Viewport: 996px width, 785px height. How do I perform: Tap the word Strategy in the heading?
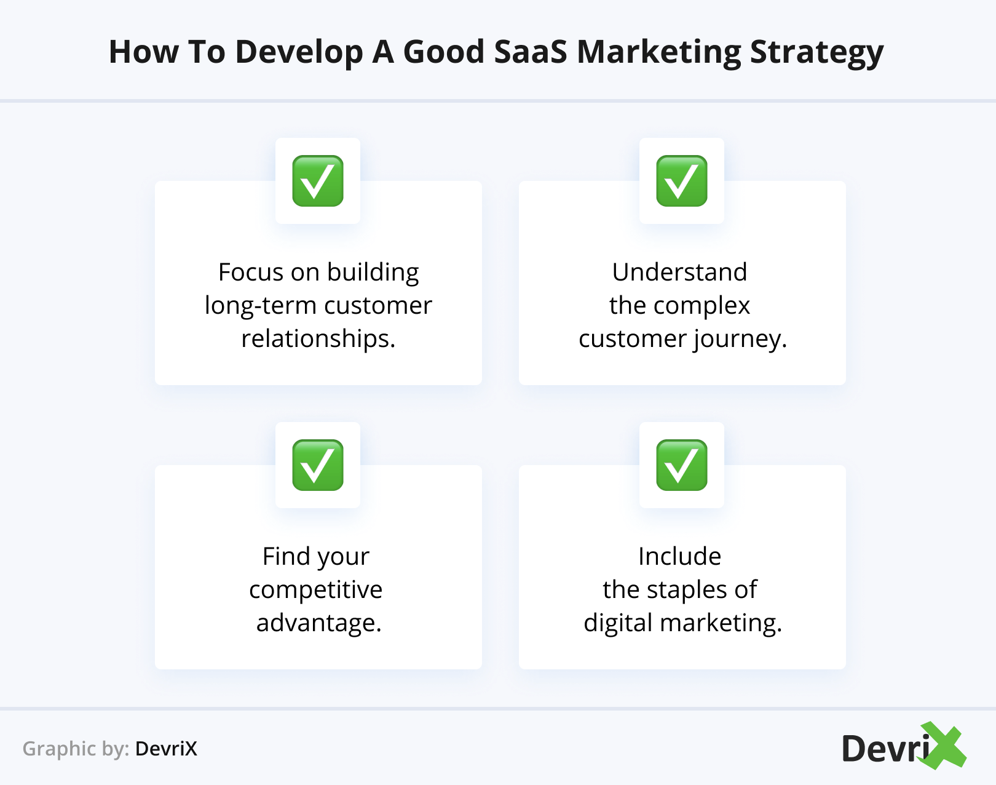click(x=816, y=54)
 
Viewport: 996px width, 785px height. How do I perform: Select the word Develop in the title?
click(x=299, y=52)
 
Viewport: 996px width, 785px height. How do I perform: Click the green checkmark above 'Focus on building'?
click(x=318, y=181)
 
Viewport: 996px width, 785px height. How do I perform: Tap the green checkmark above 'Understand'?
click(x=682, y=181)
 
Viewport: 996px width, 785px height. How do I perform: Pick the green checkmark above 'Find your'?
click(x=318, y=465)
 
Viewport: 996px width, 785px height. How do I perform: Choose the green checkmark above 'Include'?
click(x=682, y=465)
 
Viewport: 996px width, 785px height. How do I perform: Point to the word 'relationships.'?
click(x=318, y=338)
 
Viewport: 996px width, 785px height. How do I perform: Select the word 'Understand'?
click(x=679, y=272)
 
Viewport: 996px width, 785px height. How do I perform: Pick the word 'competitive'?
click(x=316, y=590)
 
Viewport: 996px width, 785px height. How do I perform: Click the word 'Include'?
click(x=679, y=556)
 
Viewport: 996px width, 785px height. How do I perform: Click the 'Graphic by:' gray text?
click(x=76, y=749)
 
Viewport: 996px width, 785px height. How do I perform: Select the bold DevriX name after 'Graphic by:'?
click(x=166, y=749)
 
